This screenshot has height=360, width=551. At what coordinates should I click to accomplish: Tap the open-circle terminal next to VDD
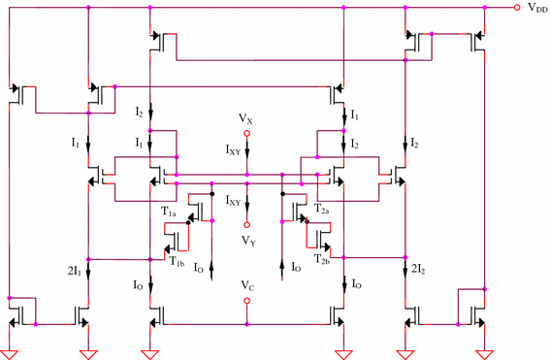tap(515, 7)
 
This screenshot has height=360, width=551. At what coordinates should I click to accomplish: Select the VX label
tap(247, 117)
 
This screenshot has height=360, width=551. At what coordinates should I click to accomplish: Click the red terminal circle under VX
tap(247, 133)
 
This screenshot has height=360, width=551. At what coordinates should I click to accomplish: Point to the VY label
tap(248, 239)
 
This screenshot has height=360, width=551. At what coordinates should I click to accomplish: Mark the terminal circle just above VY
tap(247, 224)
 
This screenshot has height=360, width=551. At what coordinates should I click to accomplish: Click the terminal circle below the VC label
tap(247, 301)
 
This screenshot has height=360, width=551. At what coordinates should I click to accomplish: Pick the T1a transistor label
tap(171, 210)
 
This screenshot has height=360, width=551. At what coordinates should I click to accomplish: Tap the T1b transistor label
tap(177, 260)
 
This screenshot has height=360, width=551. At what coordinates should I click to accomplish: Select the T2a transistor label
tap(324, 210)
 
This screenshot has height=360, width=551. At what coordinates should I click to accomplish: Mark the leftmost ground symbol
tap(10, 351)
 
